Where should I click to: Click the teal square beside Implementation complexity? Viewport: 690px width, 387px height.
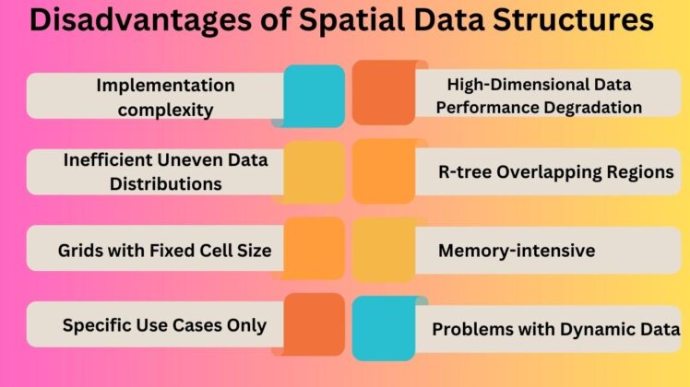point(314,96)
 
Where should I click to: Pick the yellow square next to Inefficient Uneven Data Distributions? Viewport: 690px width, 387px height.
point(314,171)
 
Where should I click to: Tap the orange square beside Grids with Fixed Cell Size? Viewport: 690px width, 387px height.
point(314,249)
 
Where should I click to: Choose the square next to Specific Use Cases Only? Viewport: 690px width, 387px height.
point(314,324)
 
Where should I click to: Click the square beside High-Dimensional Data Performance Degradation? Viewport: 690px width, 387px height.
point(384,93)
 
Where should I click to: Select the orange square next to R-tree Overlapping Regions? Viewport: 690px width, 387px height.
point(384,171)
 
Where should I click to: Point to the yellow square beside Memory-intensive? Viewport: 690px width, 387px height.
point(384,249)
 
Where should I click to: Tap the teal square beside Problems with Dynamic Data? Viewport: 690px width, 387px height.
point(384,327)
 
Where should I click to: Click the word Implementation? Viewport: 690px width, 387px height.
point(166,86)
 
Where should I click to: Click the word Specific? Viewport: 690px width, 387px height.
point(96,325)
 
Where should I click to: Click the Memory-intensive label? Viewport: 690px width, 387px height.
point(517,250)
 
